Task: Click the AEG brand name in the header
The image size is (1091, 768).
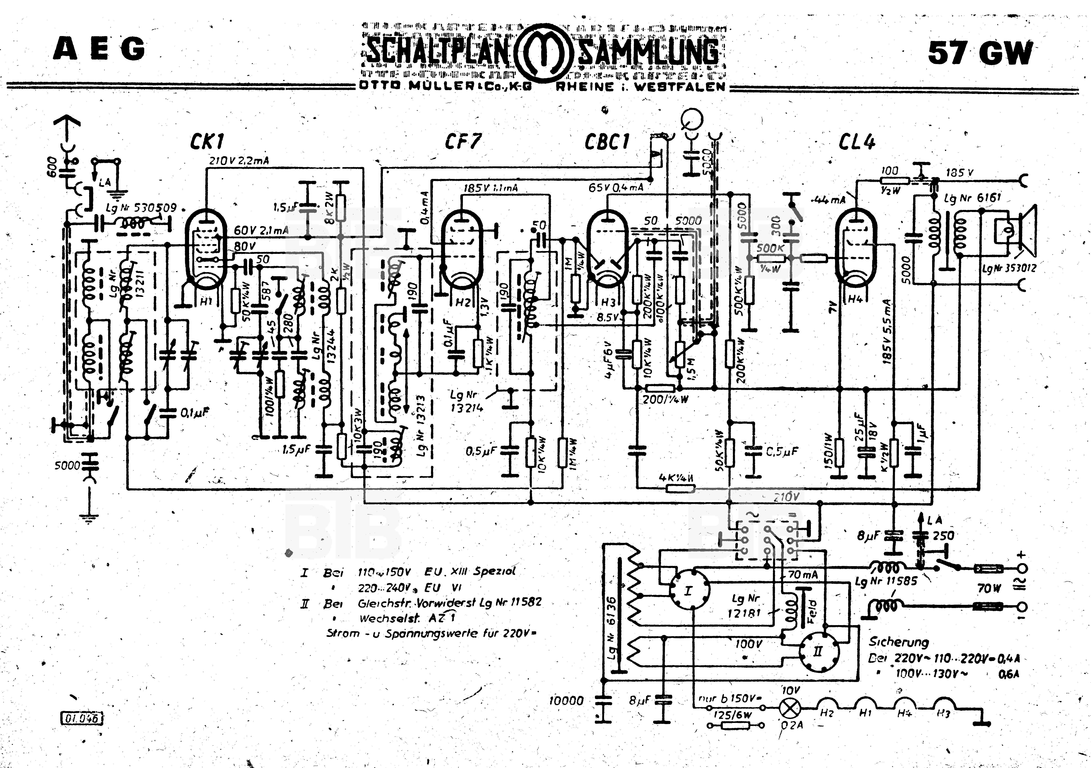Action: pos(99,49)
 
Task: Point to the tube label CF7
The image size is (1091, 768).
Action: pos(463,141)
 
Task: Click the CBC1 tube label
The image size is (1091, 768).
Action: pos(607,141)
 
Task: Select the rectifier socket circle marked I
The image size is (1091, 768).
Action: pos(689,591)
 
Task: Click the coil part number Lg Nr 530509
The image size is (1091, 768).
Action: pos(141,208)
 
